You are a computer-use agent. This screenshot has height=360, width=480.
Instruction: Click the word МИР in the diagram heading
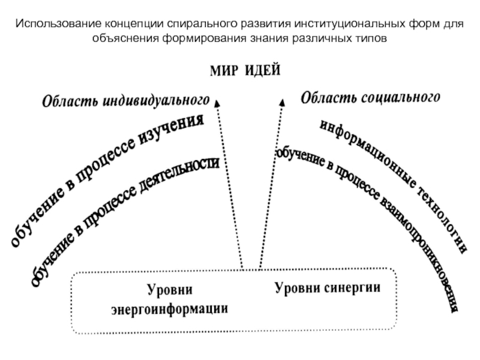[224, 70]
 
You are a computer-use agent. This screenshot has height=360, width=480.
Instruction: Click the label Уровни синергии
[328, 287]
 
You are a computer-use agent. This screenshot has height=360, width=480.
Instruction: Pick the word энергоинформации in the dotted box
[170, 309]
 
